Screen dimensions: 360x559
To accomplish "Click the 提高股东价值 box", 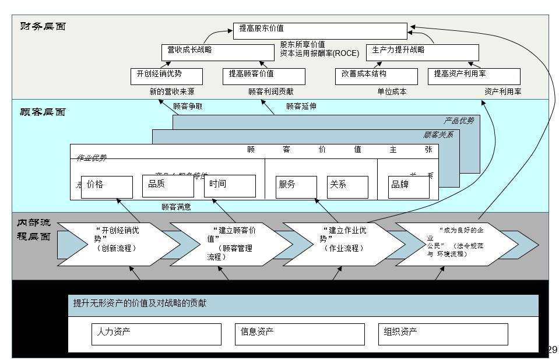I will click(320, 31).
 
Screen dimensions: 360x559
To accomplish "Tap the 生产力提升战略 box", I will click(422, 52).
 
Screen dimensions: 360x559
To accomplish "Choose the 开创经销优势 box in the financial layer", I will click(167, 76).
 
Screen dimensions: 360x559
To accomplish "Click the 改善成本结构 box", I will click(376, 76).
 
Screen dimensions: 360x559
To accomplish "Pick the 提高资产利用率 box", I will click(474, 76).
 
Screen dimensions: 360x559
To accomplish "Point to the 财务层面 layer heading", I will click(43, 26).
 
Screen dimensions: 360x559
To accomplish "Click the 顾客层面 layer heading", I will click(43, 112).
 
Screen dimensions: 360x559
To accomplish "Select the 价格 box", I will click(107, 186).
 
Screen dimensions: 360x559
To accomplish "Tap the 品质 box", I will click(168, 186).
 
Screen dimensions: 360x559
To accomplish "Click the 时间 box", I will click(230, 186).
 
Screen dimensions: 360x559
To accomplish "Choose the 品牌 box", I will click(409, 187).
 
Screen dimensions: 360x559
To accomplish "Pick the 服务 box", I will click(296, 187).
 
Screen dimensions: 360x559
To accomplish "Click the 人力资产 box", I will click(157, 334).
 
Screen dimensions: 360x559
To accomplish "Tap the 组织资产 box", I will click(442, 334).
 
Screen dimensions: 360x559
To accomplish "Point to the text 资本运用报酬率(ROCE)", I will click(319, 53).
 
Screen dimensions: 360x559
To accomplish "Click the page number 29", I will click(552, 350).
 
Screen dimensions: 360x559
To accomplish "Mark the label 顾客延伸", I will click(301, 106).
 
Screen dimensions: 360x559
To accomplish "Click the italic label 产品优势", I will click(459, 121).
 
